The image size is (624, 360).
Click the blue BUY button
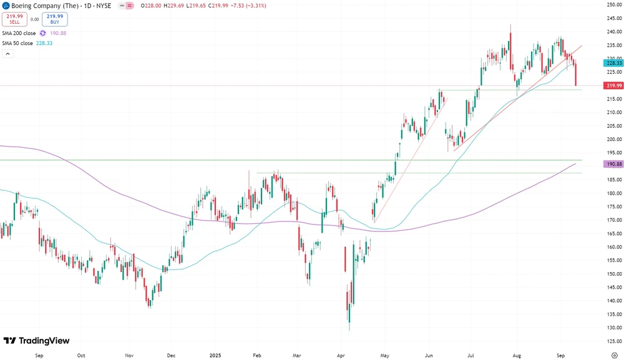point(55,19)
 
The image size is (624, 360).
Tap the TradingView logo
point(37,341)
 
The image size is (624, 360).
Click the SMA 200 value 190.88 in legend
point(58,33)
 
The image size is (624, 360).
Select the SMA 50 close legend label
point(19,43)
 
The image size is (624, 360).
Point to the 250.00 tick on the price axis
point(613,4)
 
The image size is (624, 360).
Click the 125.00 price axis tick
point(613,341)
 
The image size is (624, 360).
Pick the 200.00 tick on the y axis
point(613,139)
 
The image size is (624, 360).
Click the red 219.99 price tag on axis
point(613,85)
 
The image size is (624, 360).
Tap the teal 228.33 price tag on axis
point(613,63)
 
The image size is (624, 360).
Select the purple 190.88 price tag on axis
point(613,164)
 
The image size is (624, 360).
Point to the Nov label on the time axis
point(129,355)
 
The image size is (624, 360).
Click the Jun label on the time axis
point(429,355)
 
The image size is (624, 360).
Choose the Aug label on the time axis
point(517,355)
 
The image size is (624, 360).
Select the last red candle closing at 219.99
point(575,74)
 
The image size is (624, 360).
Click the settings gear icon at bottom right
point(614,355)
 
